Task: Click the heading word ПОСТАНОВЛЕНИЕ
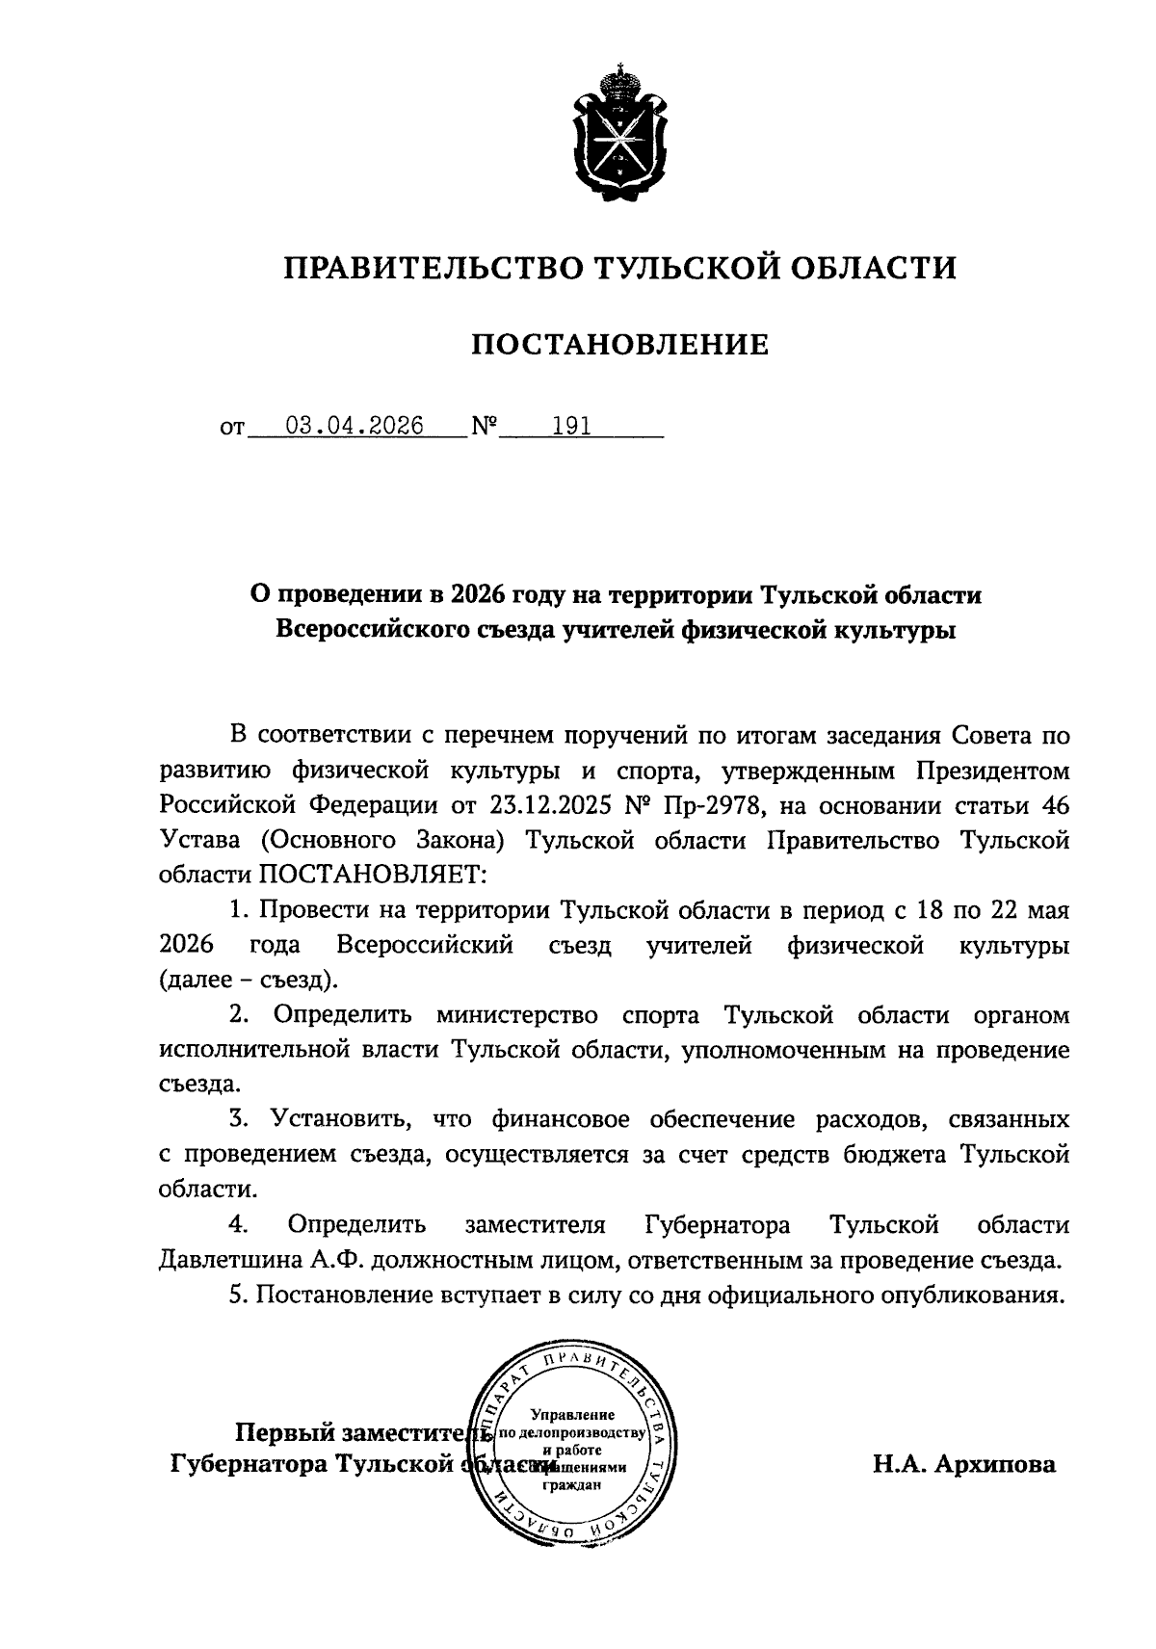tap(619, 344)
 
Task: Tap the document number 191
tap(570, 426)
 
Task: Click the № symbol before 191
tap(484, 427)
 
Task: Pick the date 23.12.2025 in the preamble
tap(547, 805)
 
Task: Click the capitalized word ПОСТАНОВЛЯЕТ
tap(373, 875)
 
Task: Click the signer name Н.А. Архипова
tap(964, 1465)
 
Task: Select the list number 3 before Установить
tap(237, 1119)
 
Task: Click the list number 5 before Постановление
tap(237, 1295)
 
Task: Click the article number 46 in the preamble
tap(1055, 805)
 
